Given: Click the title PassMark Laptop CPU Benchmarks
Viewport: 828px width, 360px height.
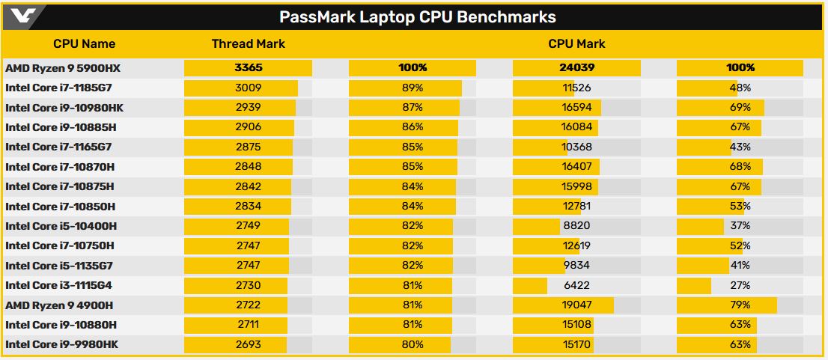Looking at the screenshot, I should coord(418,16).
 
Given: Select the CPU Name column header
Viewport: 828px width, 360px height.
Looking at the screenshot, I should coord(84,43).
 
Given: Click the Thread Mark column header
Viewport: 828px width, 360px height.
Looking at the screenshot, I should coord(248,43).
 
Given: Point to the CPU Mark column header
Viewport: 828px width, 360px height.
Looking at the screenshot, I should coord(576,43).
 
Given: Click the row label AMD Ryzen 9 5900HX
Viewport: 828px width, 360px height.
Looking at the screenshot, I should coord(63,68).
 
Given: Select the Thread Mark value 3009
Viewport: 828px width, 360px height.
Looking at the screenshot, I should coord(248,88).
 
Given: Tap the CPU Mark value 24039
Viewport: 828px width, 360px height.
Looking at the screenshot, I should coord(576,68).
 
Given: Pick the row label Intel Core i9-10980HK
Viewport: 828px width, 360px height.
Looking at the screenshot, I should coord(64,108).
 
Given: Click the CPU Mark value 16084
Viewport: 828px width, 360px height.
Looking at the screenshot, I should coord(576,127).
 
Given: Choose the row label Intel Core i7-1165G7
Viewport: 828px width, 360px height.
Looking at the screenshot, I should coord(58,147).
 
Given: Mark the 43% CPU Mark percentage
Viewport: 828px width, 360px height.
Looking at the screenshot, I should coord(740,147).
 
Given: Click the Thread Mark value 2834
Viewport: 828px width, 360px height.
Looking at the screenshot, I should coord(248,206).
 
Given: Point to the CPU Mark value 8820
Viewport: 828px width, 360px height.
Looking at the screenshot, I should coord(576,226).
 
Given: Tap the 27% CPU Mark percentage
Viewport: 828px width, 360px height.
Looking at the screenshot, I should coord(740,285).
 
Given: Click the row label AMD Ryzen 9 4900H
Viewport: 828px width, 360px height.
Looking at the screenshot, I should coord(59,305).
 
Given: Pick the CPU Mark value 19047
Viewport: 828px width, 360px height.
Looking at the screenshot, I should coord(576,305).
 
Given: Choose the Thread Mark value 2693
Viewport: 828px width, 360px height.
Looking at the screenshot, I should coord(248,344).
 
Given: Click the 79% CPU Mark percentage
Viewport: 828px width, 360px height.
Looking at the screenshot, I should coord(740,305).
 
